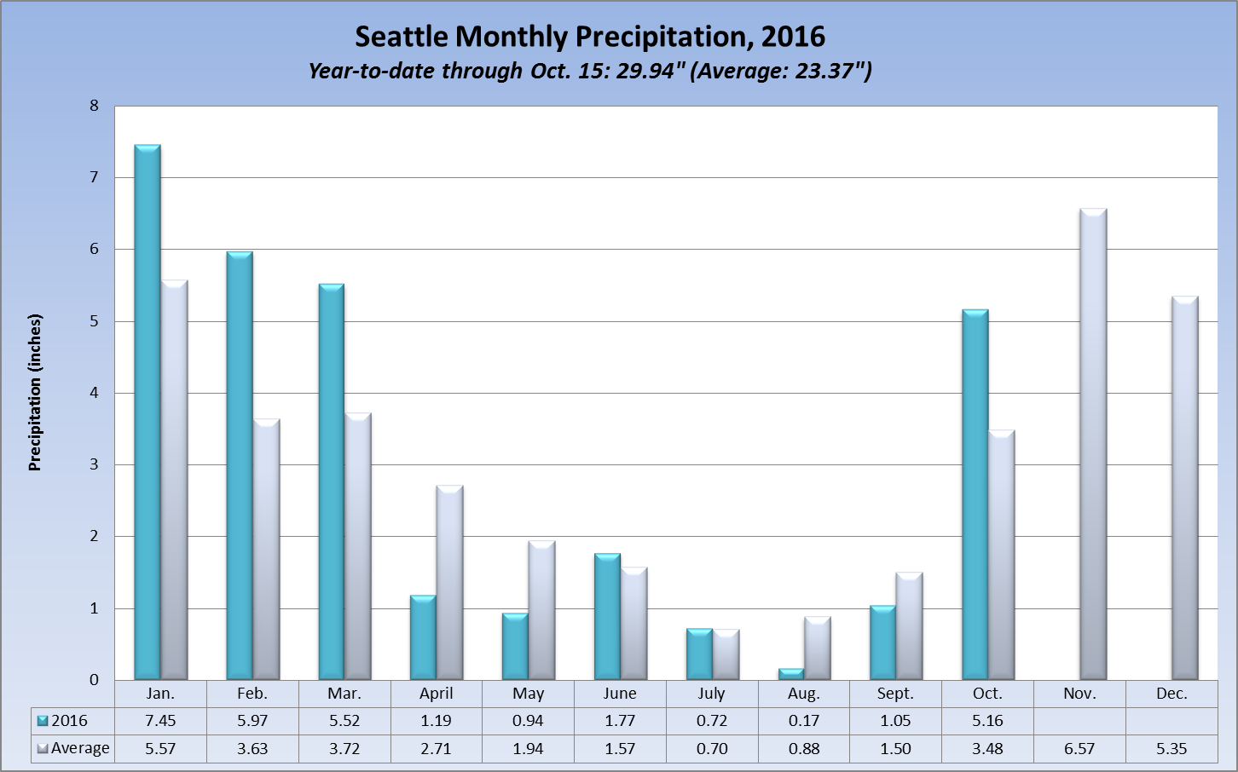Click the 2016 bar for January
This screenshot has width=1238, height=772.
148,413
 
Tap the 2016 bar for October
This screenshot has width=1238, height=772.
975,495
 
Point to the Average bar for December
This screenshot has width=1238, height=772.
1185,488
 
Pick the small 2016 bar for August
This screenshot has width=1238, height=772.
791,674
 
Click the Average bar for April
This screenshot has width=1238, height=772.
449,583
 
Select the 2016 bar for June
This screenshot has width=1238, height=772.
607,617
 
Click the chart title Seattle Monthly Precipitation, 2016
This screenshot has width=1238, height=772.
590,37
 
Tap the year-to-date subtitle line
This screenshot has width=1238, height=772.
590,71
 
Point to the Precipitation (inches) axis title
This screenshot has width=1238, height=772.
35,393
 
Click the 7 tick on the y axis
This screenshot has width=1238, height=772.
94,177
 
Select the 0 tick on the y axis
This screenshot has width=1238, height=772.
94,680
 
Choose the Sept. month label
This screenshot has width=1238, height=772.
895,694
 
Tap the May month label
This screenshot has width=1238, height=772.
529,694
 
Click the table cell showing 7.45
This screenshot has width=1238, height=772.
160,721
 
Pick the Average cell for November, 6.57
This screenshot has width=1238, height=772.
1079,749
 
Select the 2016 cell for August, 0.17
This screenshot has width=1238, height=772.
804,721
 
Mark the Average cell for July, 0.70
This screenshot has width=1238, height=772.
712,749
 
